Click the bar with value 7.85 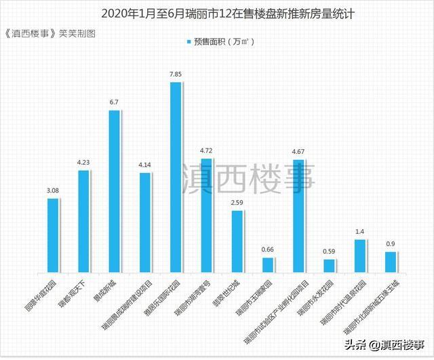(x=175, y=176)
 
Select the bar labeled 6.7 (x=114, y=191)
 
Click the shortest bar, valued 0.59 (x=328, y=265)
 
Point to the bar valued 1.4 (x=359, y=255)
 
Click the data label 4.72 (x=206, y=150)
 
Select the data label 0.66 (x=267, y=249)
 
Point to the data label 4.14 (x=145, y=164)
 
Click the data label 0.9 (x=390, y=243)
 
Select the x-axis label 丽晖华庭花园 (x=42, y=292)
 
